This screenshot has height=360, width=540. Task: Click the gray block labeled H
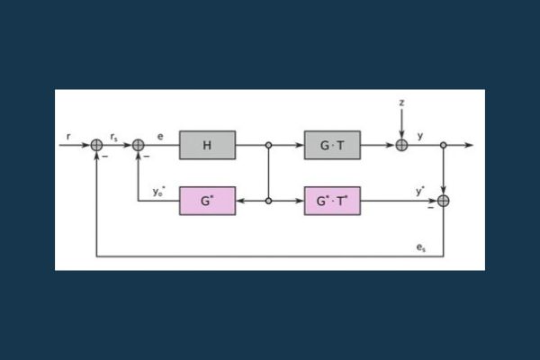point(207,144)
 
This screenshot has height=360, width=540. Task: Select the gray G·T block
point(332,144)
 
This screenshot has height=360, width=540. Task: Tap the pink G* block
point(207,201)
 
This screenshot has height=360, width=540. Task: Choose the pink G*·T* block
point(332,201)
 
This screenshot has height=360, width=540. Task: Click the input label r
point(68,136)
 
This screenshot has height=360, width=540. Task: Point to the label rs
point(115,136)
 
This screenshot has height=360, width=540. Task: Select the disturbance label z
point(401,103)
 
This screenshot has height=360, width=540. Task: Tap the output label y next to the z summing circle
point(420,135)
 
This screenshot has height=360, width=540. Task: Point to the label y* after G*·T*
point(420,191)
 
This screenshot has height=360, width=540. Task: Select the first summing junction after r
point(97,144)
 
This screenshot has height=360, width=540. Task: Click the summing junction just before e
point(139,144)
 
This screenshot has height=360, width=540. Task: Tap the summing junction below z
point(401,144)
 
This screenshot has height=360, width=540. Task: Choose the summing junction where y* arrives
point(443,201)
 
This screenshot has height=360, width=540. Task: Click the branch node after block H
point(269,144)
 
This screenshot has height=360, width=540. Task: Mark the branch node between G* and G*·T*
point(269,201)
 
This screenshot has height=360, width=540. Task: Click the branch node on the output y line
point(443,144)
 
